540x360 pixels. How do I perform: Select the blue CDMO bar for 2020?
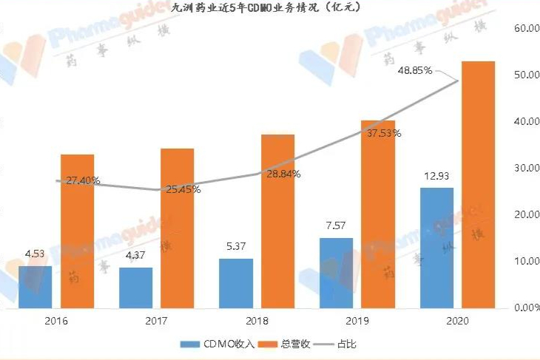coord(436,248)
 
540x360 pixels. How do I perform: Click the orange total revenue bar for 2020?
coord(477,185)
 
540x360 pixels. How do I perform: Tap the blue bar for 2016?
coord(36,287)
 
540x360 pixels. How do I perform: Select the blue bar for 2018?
coord(236,283)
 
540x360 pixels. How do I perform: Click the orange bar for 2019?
coord(378,214)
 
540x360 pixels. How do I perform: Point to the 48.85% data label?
coord(415,71)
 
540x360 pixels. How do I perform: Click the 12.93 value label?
coord(436,177)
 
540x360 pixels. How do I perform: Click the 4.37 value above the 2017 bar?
coord(136,257)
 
